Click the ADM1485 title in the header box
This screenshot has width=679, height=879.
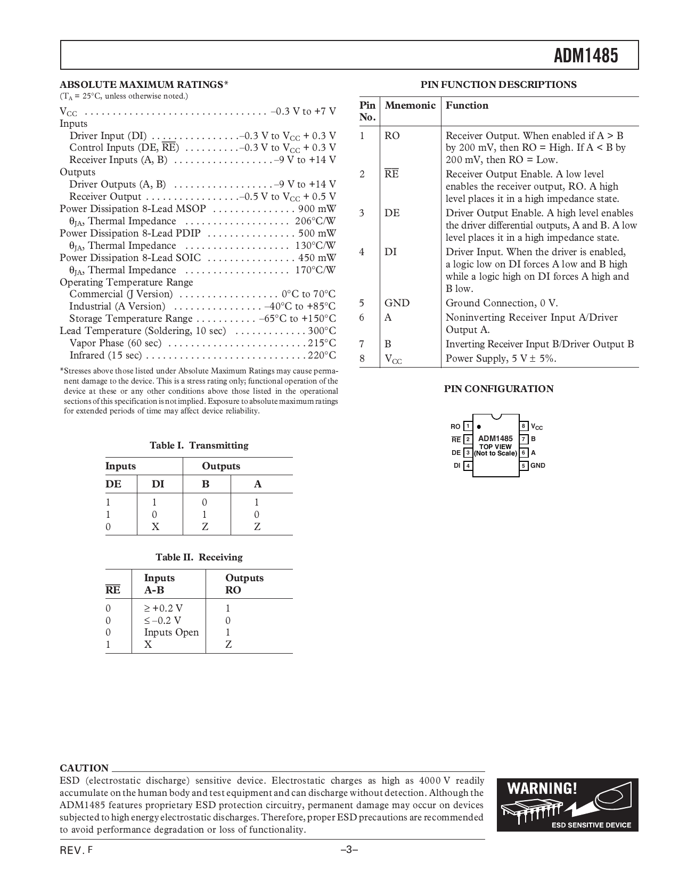[586, 55]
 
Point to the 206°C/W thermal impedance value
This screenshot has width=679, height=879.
[315, 221]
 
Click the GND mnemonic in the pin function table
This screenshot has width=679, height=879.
[397, 303]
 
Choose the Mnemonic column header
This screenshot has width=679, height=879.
[410, 105]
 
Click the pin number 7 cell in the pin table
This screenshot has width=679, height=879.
[362, 344]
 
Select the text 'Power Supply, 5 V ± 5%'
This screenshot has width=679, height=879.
[501, 359]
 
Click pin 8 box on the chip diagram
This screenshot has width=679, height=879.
[524, 426]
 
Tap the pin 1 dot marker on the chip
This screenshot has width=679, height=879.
[479, 427]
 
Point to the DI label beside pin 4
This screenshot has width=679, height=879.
[457, 466]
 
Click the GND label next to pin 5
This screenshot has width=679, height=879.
[538, 466]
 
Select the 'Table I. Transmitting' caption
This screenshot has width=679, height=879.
[199, 445]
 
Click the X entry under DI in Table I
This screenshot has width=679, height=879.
[156, 527]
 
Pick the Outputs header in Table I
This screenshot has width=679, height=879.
[220, 466]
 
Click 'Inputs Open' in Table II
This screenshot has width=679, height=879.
[171, 632]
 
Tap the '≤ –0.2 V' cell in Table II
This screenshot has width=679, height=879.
[162, 620]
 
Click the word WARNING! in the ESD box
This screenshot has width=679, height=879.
[542, 788]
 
